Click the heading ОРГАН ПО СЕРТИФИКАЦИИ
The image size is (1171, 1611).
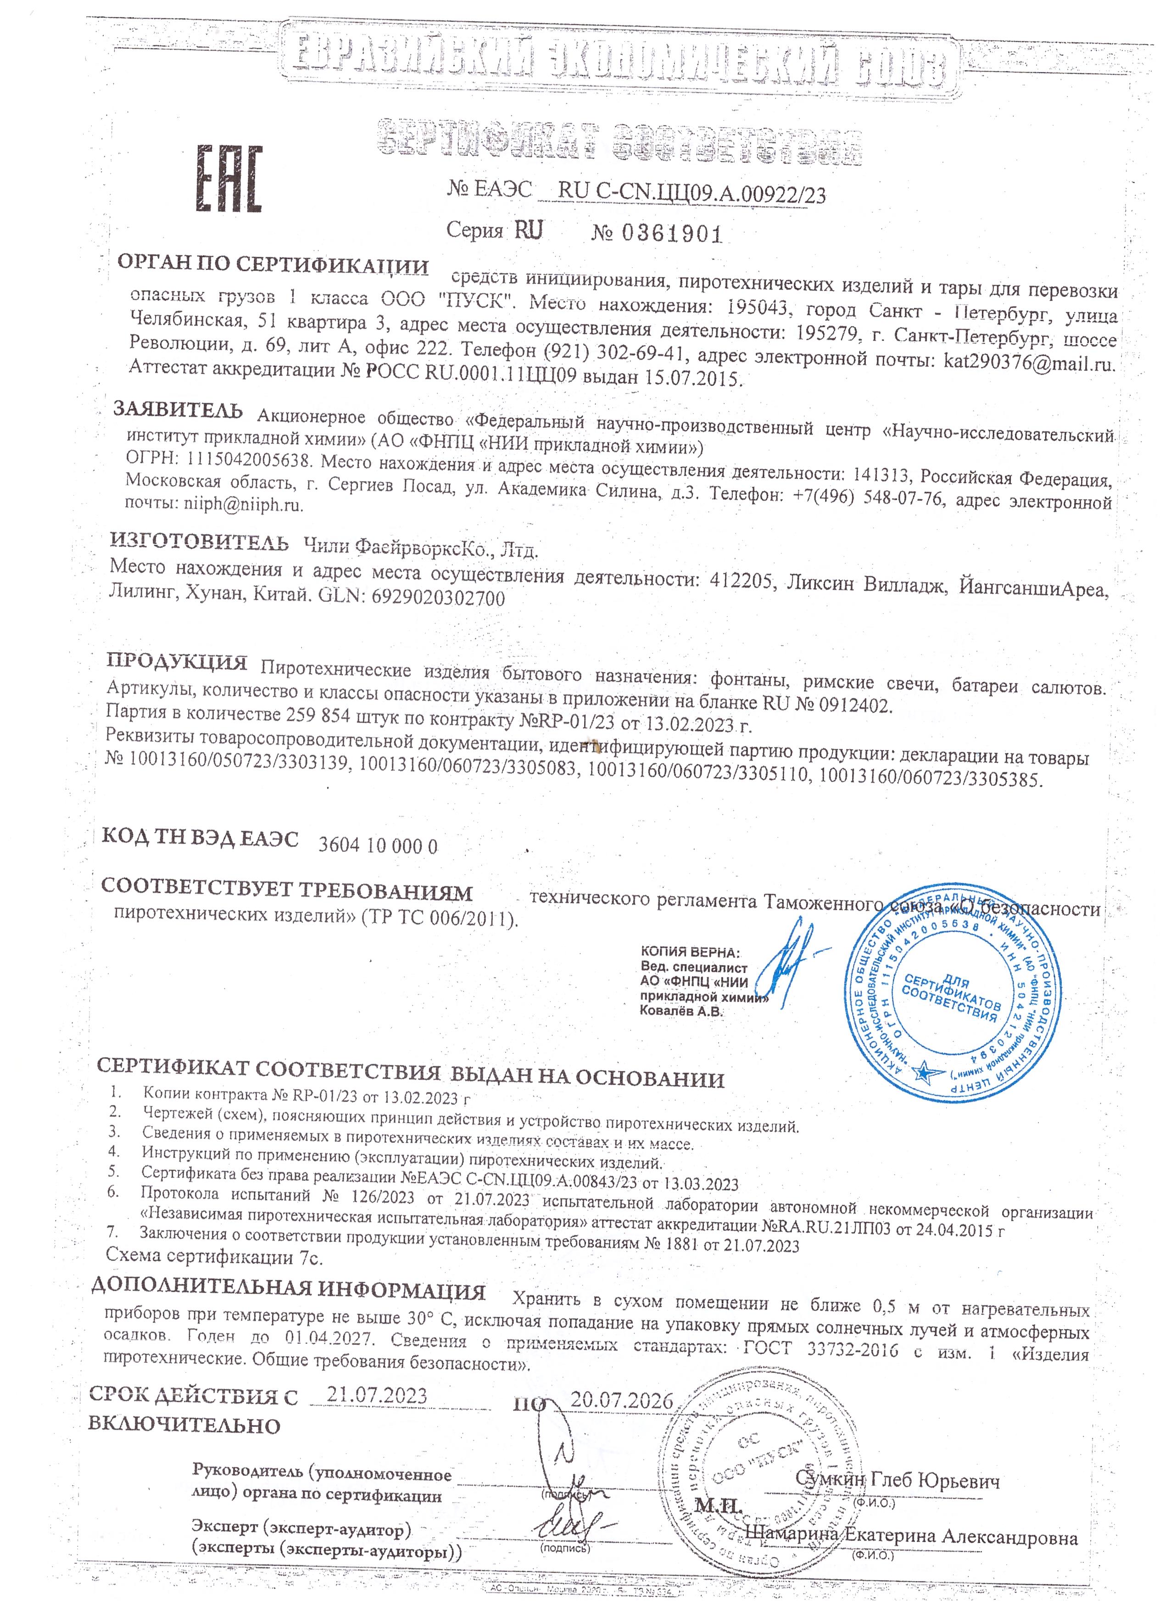click(x=273, y=266)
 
